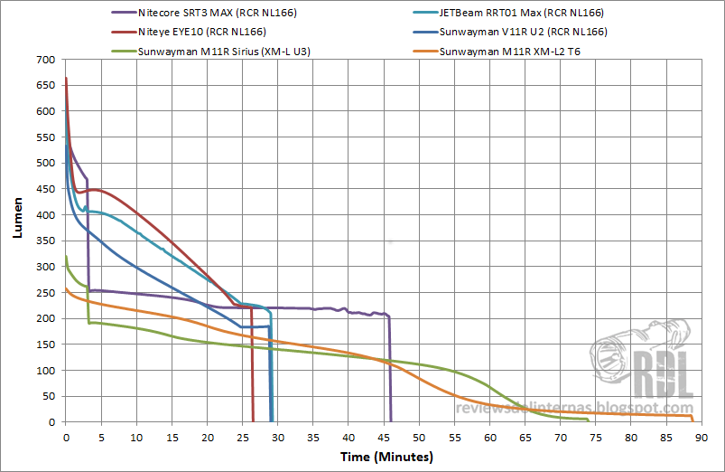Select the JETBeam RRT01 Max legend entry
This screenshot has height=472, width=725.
point(520,14)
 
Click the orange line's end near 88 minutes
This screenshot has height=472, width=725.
point(692,418)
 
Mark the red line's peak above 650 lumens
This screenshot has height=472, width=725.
point(66,79)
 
